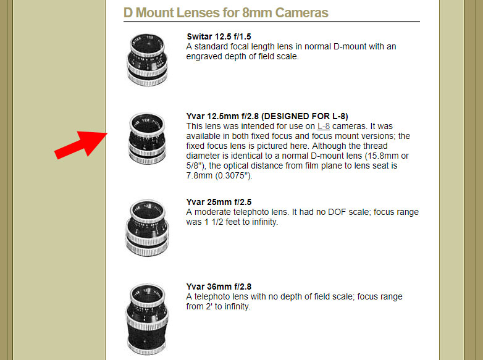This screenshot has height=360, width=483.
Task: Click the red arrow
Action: [x=81, y=144]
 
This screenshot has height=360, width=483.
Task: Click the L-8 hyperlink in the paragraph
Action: [x=324, y=126]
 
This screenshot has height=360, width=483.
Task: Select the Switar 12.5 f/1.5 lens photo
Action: [x=147, y=60]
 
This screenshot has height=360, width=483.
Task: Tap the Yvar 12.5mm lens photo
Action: [x=147, y=138]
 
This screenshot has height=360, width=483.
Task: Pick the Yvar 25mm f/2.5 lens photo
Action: [x=147, y=228]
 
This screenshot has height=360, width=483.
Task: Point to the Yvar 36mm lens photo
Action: [x=147, y=319]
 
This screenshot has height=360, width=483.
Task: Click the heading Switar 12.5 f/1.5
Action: [x=219, y=36]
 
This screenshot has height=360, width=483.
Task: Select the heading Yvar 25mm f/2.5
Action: [x=219, y=202]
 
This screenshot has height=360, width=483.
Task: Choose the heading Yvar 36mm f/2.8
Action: [x=219, y=287]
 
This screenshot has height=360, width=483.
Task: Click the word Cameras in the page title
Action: [x=301, y=13]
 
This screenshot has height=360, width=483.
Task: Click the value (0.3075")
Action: [x=233, y=176]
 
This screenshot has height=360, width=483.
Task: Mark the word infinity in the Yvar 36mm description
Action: [x=237, y=307]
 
